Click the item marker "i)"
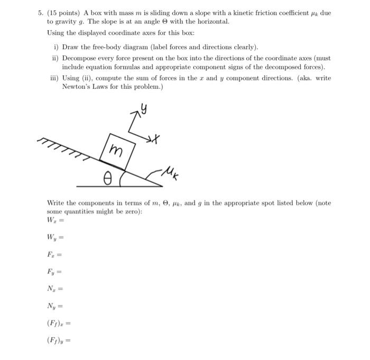(x=58, y=46)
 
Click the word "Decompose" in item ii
(x=79, y=58)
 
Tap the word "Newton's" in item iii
(x=76, y=87)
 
